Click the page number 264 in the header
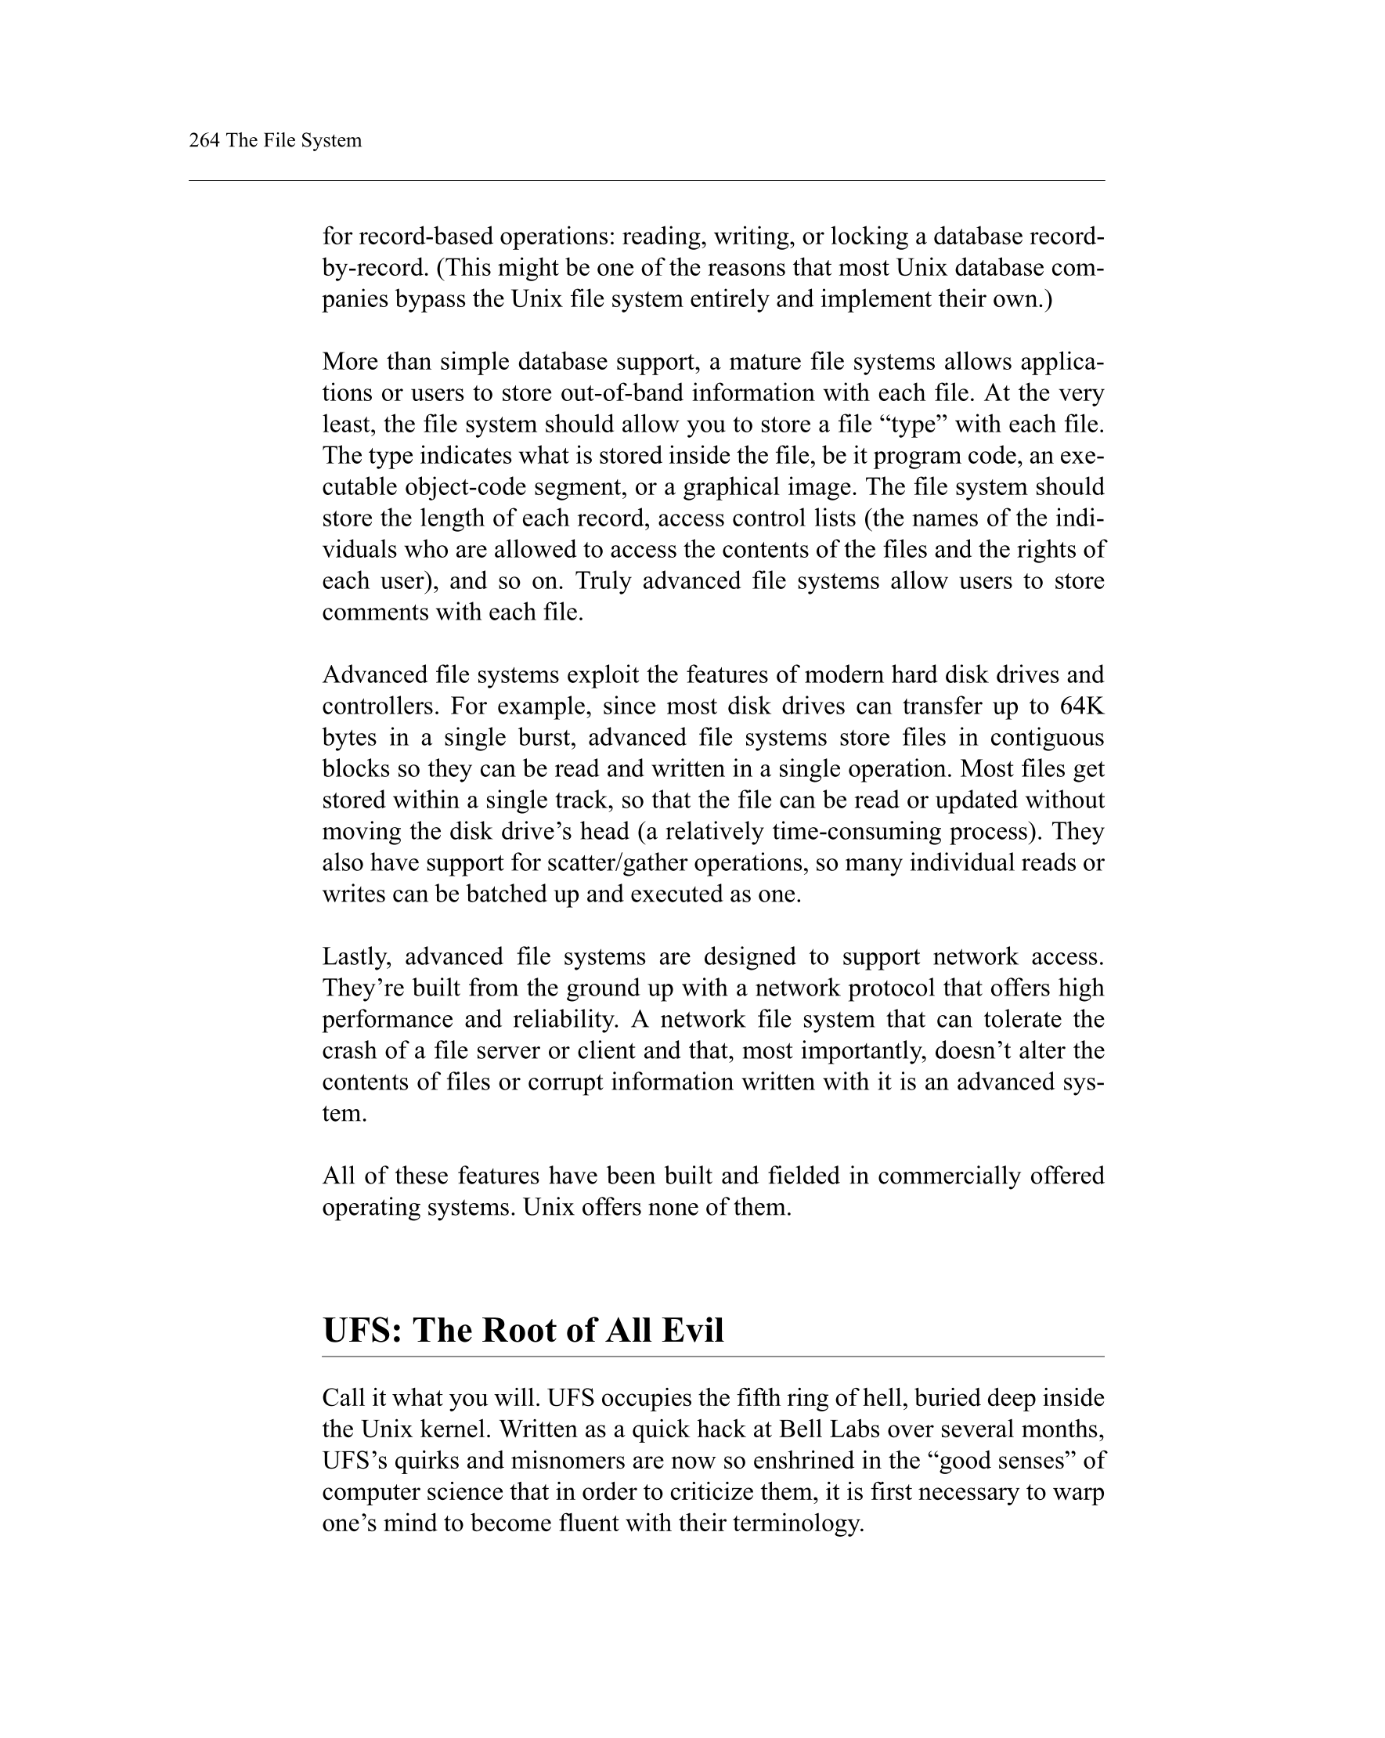pyautogui.click(x=204, y=140)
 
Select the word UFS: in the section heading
pyautogui.click(x=362, y=1331)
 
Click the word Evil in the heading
pyautogui.click(x=692, y=1331)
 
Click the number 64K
pyautogui.click(x=1081, y=706)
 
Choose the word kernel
pyautogui.click(x=455, y=1429)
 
